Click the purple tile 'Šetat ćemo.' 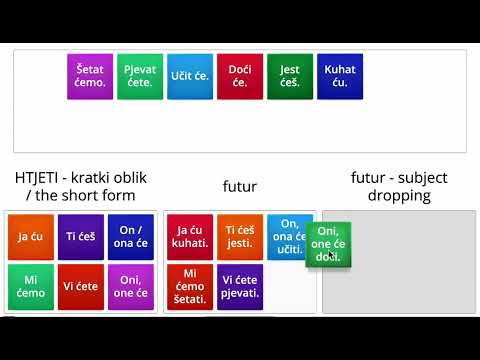(89, 76)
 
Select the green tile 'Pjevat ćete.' (139, 76)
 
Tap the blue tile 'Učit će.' (189, 76)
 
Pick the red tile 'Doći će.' (240, 76)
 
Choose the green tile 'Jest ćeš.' (290, 76)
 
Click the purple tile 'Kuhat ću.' (340, 76)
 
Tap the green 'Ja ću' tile (30, 237)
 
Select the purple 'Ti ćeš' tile (81, 237)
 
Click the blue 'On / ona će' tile (131, 237)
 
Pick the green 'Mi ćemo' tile (30, 287)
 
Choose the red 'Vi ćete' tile (81, 287)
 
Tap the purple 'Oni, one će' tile (131, 287)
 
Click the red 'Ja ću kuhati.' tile (190, 237)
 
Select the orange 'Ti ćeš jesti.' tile (240, 237)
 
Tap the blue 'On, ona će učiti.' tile (290, 232)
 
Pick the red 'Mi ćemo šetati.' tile (190, 287)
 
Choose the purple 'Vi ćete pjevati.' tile (240, 287)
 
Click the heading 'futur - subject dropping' (399, 186)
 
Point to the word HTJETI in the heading (37, 178)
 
